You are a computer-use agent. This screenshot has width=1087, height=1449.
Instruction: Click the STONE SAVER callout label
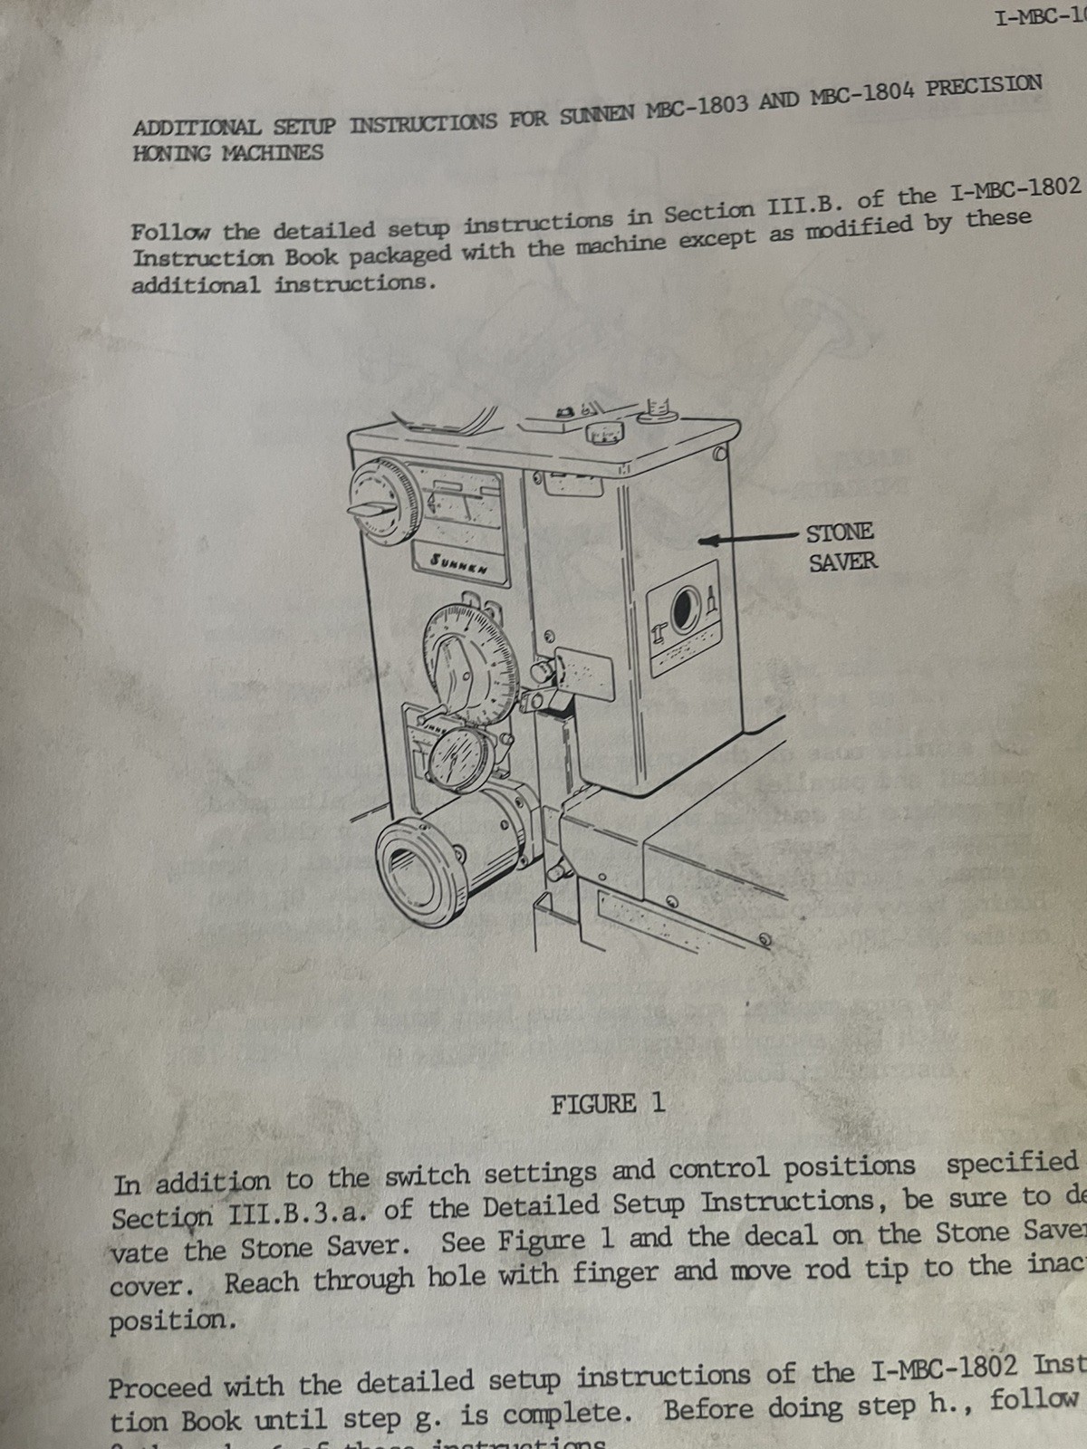click(x=842, y=546)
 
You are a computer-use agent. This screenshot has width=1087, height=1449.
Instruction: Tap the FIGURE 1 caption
click(x=608, y=1103)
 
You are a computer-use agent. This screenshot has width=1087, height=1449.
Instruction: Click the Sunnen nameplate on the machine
click(x=459, y=563)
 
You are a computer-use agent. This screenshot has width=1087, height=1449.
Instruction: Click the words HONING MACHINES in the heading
click(x=227, y=153)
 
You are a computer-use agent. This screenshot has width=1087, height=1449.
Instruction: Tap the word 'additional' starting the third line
click(x=195, y=285)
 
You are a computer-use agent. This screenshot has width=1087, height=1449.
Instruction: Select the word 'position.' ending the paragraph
click(x=173, y=1321)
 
